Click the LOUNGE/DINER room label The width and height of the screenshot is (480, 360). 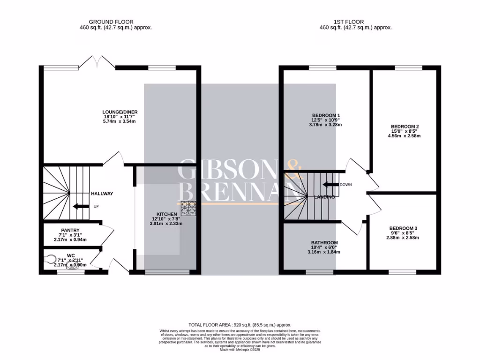tap(120, 112)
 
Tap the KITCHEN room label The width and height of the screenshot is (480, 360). tap(163, 214)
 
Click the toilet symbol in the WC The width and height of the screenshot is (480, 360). tap(50, 258)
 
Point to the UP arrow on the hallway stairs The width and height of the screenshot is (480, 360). tap(79, 206)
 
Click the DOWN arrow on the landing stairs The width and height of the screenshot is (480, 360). tap(330, 184)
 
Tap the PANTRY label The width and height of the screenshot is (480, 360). tap(70, 230)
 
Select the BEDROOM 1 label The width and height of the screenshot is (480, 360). tap(326, 115)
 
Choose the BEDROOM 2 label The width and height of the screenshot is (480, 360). tap(404, 127)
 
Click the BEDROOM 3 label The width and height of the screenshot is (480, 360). tap(403, 228)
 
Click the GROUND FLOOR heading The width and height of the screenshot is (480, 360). tap(111, 22)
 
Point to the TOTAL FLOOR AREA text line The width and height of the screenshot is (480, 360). tap(240, 325)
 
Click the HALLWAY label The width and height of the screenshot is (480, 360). tap(102, 194)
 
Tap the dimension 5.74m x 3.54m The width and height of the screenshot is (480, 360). tap(120, 121)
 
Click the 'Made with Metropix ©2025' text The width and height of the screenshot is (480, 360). tap(240, 349)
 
